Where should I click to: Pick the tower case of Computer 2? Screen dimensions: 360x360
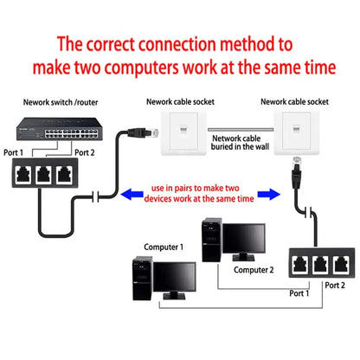tap(210, 235)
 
